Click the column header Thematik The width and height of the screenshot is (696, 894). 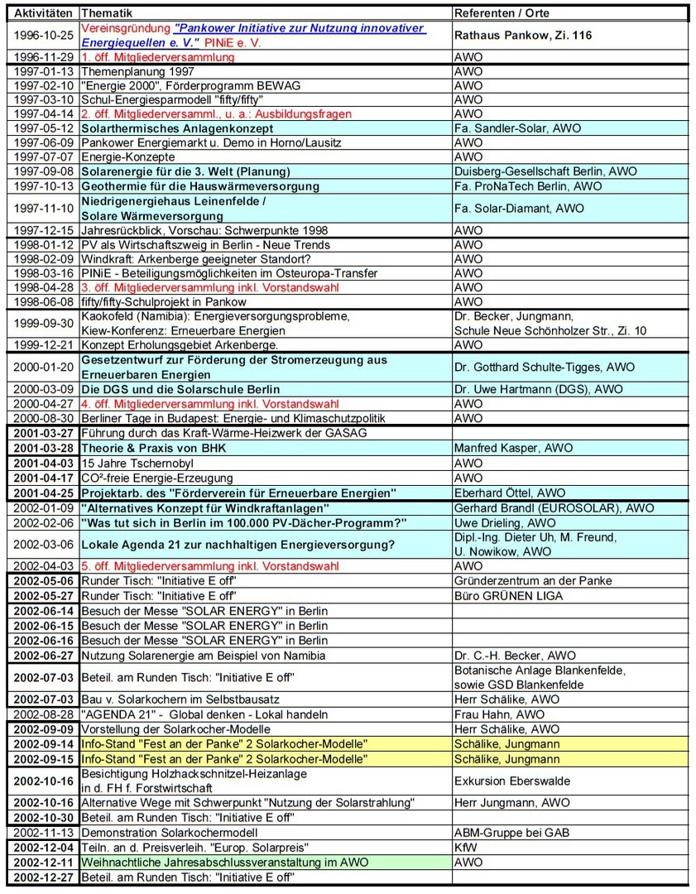click(107, 13)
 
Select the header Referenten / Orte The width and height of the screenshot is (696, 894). click(502, 13)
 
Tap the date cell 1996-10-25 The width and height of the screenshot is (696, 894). click(44, 36)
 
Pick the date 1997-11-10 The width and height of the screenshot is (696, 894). click(44, 208)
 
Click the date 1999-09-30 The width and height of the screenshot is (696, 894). click(44, 324)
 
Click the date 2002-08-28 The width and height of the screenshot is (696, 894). click(44, 714)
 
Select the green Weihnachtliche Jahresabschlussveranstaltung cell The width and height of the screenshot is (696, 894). click(224, 862)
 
